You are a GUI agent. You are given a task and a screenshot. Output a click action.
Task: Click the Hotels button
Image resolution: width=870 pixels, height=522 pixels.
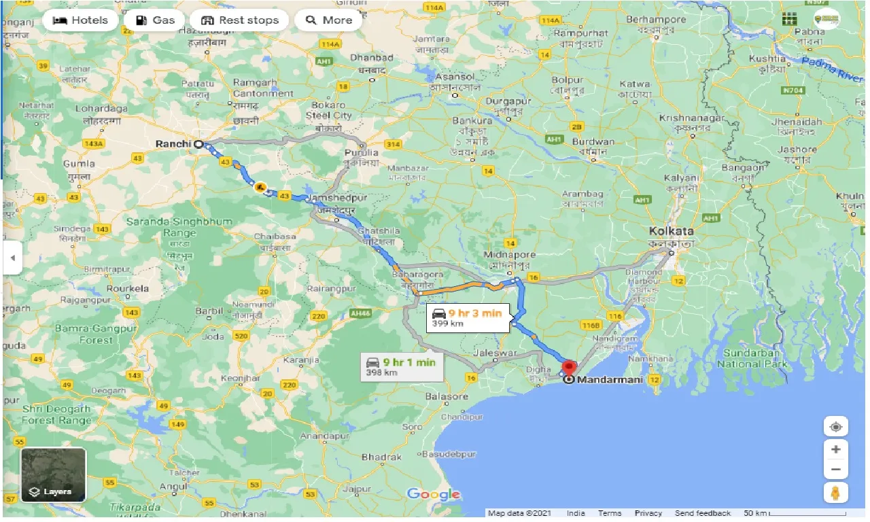(x=80, y=20)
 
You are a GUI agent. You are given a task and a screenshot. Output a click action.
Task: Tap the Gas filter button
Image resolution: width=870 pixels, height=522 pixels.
(x=154, y=20)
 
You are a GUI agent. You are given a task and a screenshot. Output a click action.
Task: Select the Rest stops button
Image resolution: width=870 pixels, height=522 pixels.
(x=241, y=20)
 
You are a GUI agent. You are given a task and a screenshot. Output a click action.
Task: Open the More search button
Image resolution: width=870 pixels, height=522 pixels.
(x=329, y=20)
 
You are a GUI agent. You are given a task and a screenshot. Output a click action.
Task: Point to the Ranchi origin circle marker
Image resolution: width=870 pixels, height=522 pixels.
(x=198, y=144)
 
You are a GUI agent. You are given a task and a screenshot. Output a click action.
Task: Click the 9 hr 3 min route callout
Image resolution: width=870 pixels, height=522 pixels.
(x=468, y=317)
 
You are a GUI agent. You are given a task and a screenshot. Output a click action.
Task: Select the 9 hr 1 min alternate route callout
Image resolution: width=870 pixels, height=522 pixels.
(x=401, y=366)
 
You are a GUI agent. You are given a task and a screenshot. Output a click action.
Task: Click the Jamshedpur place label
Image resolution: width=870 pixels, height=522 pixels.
(x=338, y=197)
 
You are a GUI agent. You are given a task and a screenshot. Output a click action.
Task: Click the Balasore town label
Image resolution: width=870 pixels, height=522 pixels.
(x=447, y=396)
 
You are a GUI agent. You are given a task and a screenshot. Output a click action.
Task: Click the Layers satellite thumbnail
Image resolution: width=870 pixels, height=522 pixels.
(x=53, y=474)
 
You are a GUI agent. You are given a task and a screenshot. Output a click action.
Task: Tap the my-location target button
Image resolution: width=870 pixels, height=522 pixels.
(x=835, y=427)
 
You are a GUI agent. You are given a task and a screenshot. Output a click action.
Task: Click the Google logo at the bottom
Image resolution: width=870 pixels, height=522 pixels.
(x=434, y=494)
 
